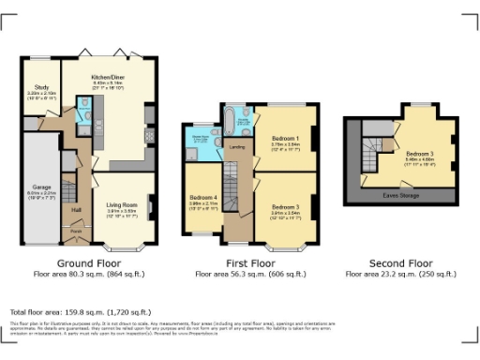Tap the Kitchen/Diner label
tap(108, 79)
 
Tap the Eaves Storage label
tap(401, 195)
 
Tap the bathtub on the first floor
tap(229, 119)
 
